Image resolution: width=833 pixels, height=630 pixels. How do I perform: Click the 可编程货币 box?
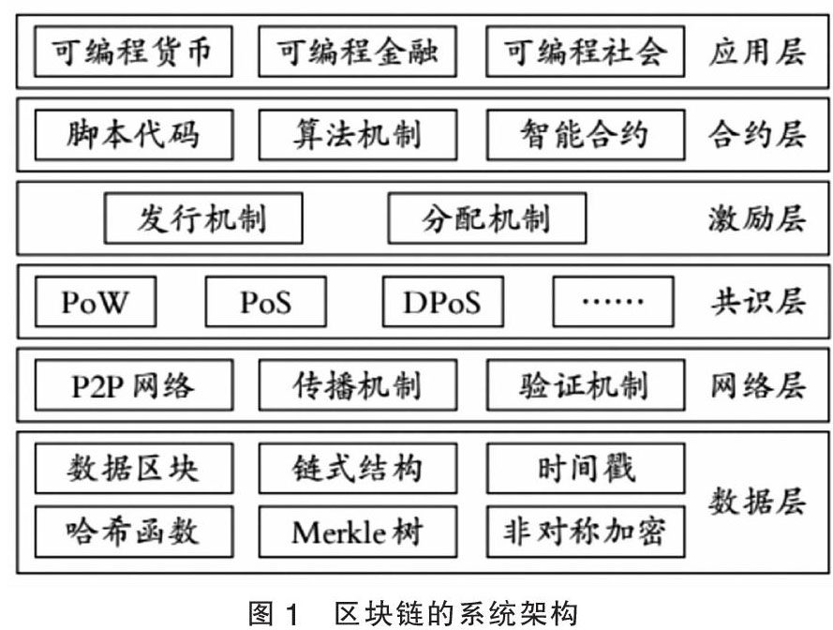pos(133,52)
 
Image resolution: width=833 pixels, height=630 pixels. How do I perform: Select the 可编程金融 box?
pos(357,52)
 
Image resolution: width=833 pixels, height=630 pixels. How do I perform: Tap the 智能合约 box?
pos(585,135)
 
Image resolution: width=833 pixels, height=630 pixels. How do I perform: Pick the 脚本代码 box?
pos(133,135)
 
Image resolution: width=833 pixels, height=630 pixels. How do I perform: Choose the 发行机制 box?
pos(203,218)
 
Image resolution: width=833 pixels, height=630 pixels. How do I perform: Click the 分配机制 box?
pos(486,218)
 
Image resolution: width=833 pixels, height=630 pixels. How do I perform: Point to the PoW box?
pos(95,302)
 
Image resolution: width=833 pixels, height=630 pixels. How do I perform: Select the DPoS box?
pos(442,302)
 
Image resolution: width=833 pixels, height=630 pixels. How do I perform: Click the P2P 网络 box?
pos(133,385)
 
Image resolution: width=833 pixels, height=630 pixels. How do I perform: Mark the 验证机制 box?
pos(585,385)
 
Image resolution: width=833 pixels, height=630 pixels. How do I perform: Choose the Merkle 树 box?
pos(357,532)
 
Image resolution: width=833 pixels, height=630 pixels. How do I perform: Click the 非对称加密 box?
pos(585,532)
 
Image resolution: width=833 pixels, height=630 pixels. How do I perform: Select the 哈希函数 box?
pos(133,532)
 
